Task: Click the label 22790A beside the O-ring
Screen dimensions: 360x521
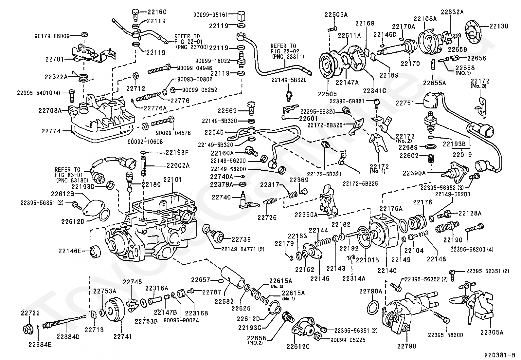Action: tap(371, 291)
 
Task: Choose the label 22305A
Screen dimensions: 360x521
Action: tap(492, 332)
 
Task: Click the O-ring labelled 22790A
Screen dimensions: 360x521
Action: tap(374, 308)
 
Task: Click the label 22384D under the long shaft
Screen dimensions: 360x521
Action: tap(68, 336)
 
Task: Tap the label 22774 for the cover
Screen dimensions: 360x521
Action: tap(51, 131)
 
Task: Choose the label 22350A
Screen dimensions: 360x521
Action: tap(306, 215)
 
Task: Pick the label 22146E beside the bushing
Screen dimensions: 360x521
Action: tap(69, 251)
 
